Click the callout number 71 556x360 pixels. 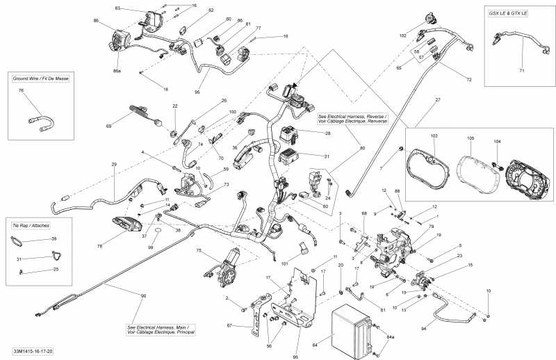pyautogui.click(x=522, y=70)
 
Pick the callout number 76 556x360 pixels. pyautogui.click(x=20, y=91)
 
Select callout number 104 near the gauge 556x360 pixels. pyautogui.click(x=496, y=141)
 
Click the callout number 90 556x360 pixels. pyautogui.click(x=143, y=296)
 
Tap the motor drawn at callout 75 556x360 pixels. pyautogui.click(x=226, y=267)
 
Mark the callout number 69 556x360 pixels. pyautogui.click(x=108, y=126)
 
